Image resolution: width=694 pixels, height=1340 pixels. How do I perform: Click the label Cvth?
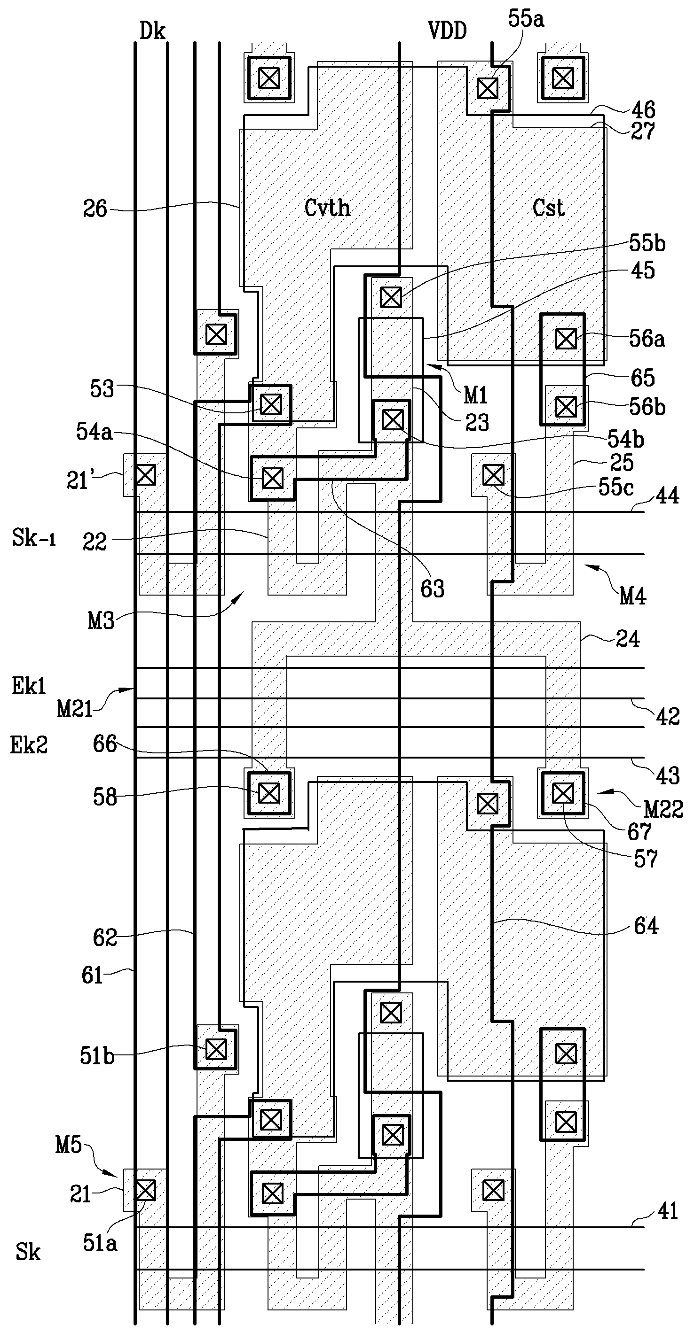tap(327, 208)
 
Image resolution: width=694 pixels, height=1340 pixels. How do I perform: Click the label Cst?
tap(548, 208)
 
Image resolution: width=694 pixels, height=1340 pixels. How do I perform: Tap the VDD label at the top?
tap(447, 31)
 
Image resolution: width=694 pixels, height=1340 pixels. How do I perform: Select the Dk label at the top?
tap(152, 31)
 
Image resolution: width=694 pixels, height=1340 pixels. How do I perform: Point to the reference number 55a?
tap(526, 19)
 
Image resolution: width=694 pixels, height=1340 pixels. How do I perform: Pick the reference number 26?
tap(95, 209)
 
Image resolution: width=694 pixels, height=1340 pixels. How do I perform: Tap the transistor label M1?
tap(475, 396)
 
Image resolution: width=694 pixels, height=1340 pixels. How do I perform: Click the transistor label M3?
tap(101, 621)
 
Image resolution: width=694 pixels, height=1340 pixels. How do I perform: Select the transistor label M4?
tap(632, 596)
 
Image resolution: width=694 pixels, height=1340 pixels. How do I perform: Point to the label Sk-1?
tap(33, 538)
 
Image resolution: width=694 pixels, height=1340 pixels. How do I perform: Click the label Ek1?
tap(29, 687)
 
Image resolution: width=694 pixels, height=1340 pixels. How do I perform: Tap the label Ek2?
tap(29, 745)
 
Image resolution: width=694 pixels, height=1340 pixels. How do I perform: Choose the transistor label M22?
tap(663, 809)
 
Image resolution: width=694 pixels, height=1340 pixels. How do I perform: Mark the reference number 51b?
tap(97, 1056)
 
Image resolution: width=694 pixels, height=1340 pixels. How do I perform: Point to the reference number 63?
tap(432, 589)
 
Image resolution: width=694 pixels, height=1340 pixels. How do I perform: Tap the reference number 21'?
tap(78, 480)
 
